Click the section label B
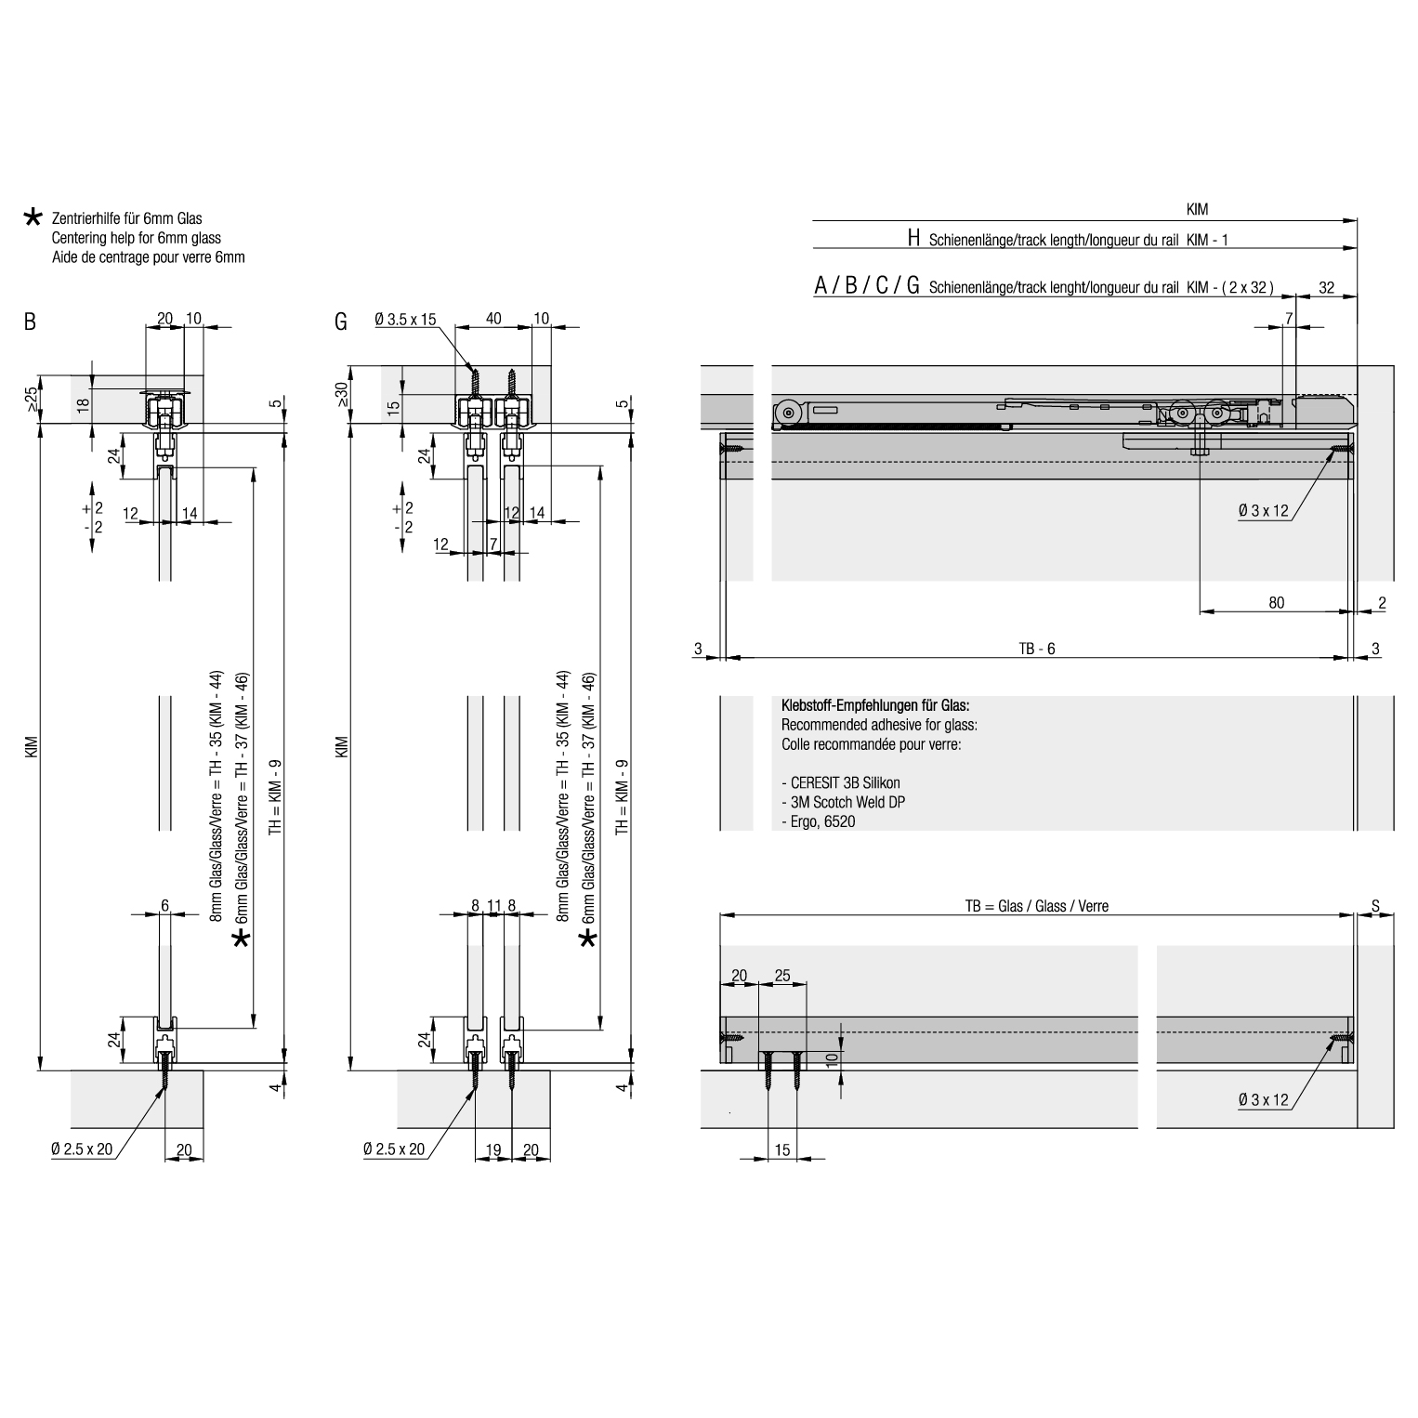coord(31,322)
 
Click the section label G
coord(341,322)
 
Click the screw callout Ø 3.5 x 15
coord(405,320)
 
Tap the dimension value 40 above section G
coord(493,319)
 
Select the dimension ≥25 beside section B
coord(31,400)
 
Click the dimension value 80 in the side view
coord(1276,602)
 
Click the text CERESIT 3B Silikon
coord(841,782)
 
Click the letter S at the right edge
coord(1375,906)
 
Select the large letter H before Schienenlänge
coord(913,239)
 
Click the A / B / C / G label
coord(867,286)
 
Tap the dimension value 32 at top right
coord(1326,287)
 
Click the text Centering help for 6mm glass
coord(137,238)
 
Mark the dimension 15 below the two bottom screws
coord(781,1149)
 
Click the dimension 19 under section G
coord(493,1149)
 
